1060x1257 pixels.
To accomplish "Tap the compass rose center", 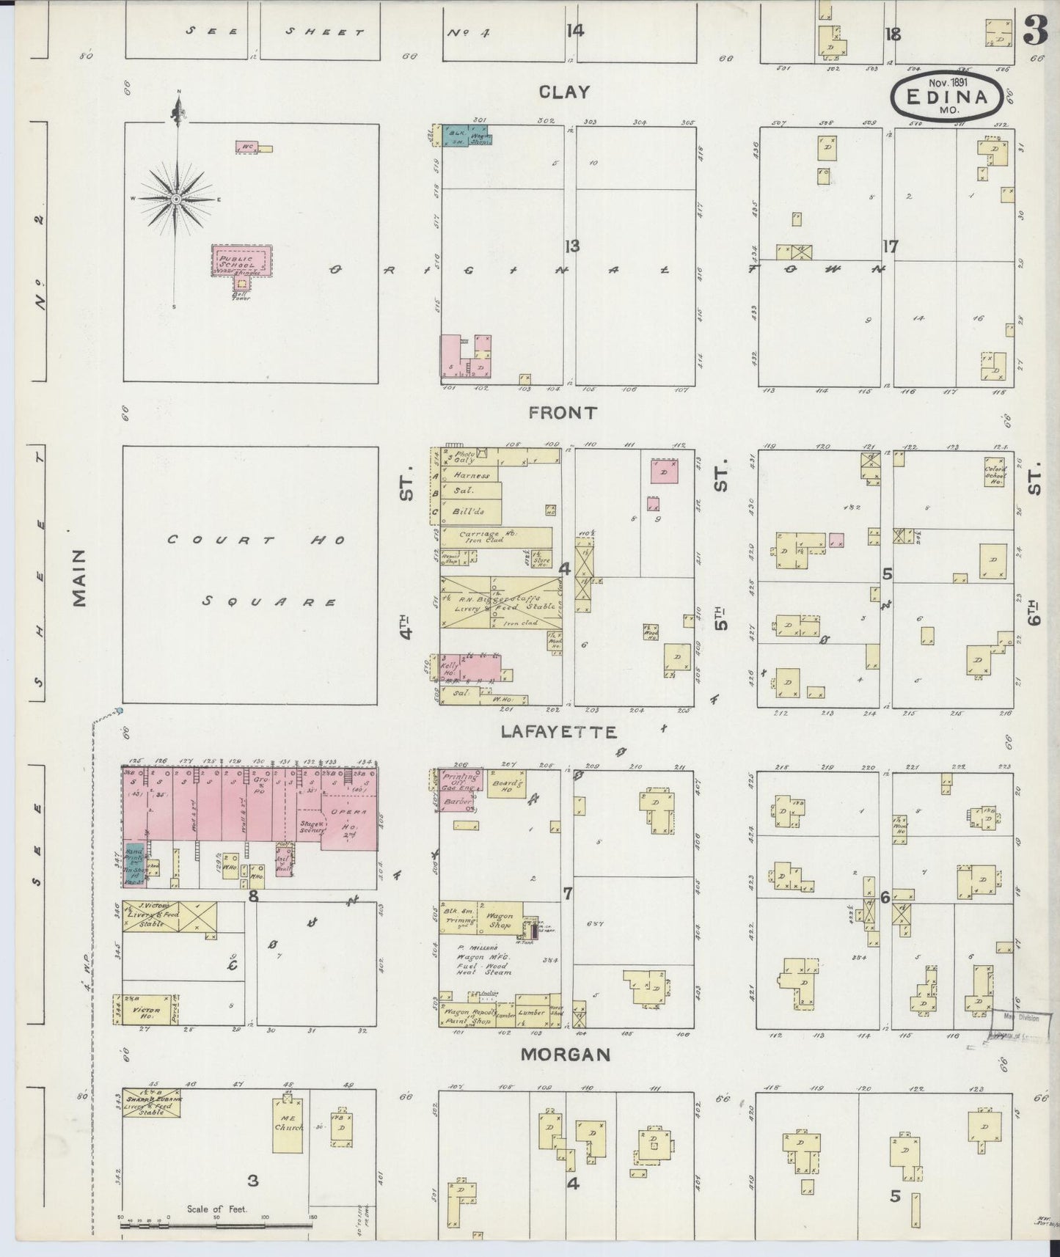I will pyautogui.click(x=177, y=199).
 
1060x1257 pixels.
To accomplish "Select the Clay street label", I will pyautogui.click(x=563, y=92).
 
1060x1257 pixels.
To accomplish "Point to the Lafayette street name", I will pyautogui.click(x=559, y=732).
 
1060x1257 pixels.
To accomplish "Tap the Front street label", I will pyautogui.click(x=563, y=413).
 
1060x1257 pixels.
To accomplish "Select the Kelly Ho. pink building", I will pyautogui.click(x=470, y=668).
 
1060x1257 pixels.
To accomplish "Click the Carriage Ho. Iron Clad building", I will pyautogui.click(x=496, y=538).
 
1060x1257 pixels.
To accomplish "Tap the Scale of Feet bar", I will pyautogui.click(x=216, y=1223).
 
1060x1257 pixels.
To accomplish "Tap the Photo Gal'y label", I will pyautogui.click(x=464, y=458).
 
